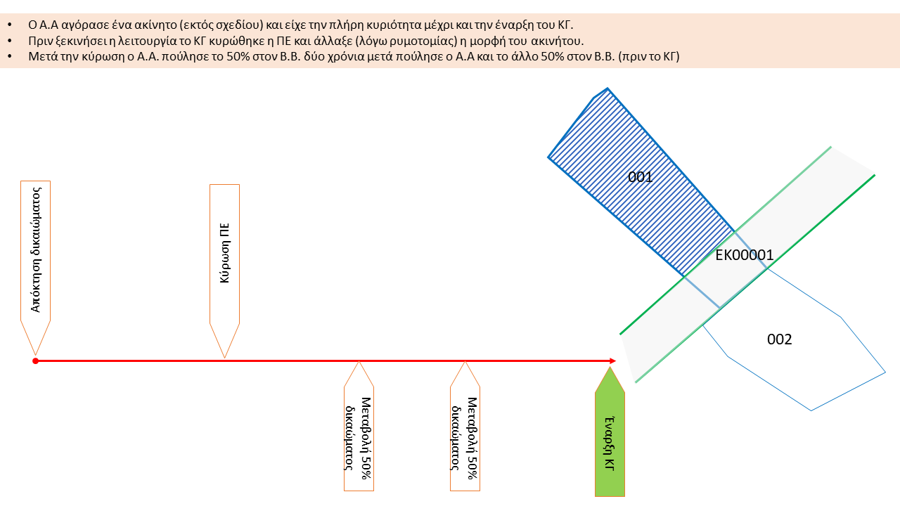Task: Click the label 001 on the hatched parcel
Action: (x=640, y=177)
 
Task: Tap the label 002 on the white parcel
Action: (x=779, y=339)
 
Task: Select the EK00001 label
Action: (x=744, y=255)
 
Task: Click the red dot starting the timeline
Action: (x=35, y=361)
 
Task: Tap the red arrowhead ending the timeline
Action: (x=611, y=361)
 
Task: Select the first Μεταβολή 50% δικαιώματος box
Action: (x=359, y=437)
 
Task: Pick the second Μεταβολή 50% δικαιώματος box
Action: (x=465, y=437)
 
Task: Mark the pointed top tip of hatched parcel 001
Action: (x=607, y=89)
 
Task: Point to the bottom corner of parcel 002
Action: (x=811, y=410)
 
